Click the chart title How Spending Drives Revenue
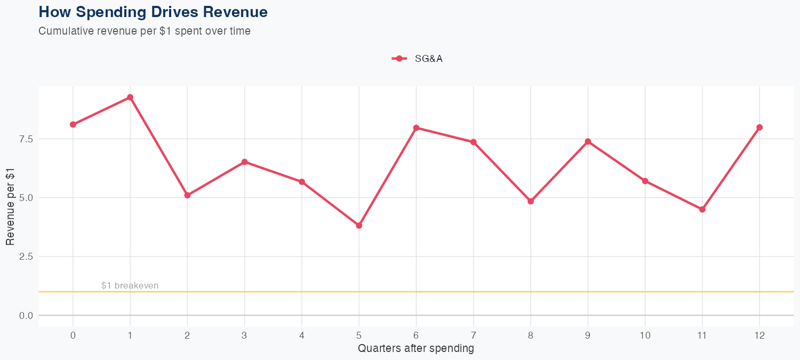tap(153, 12)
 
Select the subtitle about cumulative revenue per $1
tap(145, 31)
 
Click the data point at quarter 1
tap(130, 98)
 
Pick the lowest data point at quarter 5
tap(359, 226)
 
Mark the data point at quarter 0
tap(73, 125)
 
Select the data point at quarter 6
tap(416, 128)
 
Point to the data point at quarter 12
tap(759, 127)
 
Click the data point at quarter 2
tap(187, 195)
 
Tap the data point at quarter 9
tap(588, 141)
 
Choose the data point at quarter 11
tap(702, 210)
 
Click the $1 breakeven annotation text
tap(130, 286)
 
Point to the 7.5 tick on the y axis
tap(26, 139)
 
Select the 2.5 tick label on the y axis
tap(26, 257)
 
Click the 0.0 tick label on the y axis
tap(26, 316)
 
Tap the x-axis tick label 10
tap(645, 335)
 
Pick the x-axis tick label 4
tap(302, 335)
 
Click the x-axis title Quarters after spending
tap(416, 349)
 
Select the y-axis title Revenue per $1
tap(11, 205)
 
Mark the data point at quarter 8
tap(531, 201)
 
